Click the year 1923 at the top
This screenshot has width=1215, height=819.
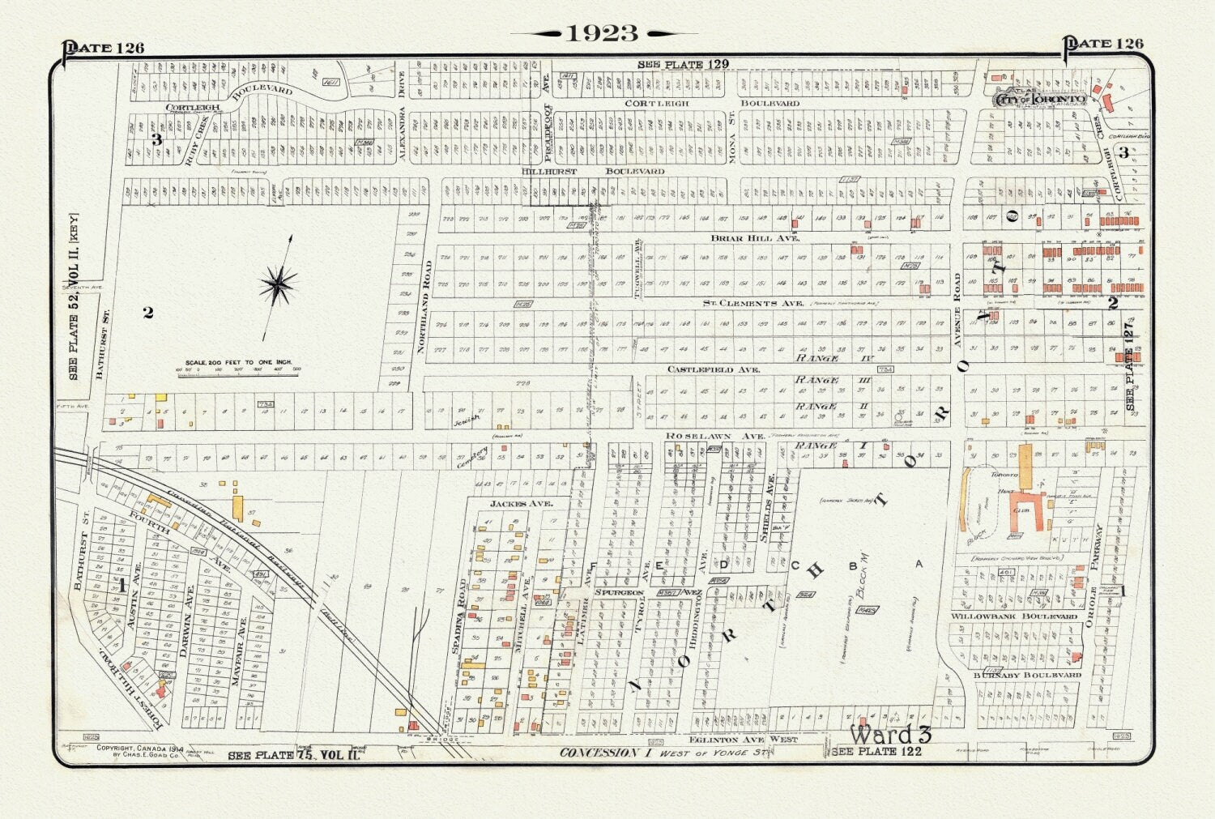pos(603,33)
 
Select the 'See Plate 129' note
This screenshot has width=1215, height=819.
pos(683,64)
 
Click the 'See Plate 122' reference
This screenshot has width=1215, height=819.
pos(876,752)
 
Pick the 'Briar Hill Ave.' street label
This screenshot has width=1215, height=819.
pos(755,238)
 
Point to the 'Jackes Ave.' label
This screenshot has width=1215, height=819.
pos(520,504)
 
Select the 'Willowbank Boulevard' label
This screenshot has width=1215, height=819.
pos(1013,616)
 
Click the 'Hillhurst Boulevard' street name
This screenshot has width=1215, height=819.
pos(593,171)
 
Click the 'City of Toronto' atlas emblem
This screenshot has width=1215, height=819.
pos(1040,98)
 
